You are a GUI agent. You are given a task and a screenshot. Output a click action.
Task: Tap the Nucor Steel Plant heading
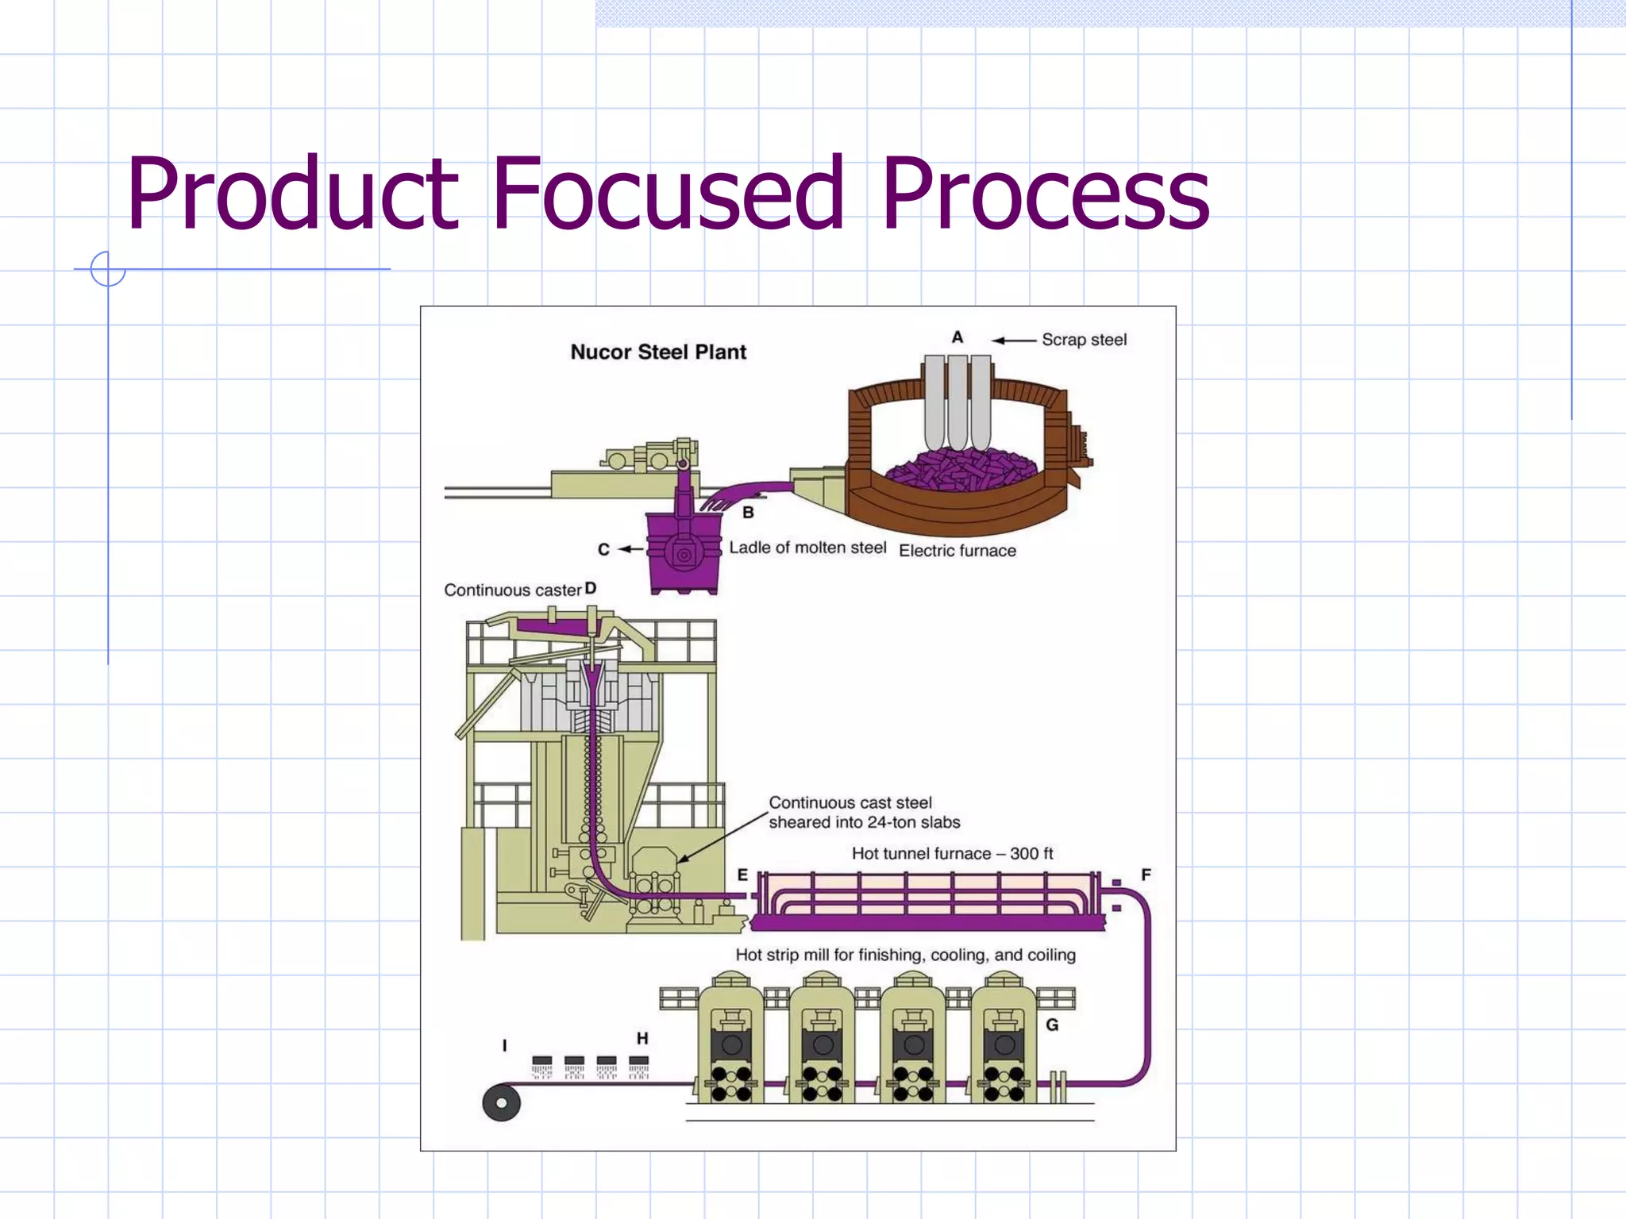(x=658, y=352)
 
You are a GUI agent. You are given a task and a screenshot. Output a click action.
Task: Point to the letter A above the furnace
(x=957, y=337)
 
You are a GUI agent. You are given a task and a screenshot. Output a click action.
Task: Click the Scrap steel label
(x=1084, y=340)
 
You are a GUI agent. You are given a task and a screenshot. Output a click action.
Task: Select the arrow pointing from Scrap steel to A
(x=1015, y=340)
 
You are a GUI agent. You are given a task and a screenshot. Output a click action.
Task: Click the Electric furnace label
(x=957, y=551)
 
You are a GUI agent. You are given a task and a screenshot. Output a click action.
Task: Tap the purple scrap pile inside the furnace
(x=960, y=469)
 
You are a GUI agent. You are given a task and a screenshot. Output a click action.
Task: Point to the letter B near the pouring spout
(x=748, y=513)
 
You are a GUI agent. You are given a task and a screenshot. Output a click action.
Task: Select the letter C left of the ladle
(x=603, y=549)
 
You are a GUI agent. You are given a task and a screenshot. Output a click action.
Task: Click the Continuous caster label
(x=513, y=590)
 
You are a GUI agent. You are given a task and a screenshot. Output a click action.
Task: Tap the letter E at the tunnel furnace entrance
(x=742, y=875)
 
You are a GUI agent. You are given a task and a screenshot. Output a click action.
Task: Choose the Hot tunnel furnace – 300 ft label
(x=952, y=854)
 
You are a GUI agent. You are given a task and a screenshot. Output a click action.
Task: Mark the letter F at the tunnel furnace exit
(x=1146, y=875)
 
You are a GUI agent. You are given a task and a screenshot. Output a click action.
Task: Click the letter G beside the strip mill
(x=1052, y=1025)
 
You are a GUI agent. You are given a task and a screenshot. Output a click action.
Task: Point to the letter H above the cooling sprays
(x=642, y=1038)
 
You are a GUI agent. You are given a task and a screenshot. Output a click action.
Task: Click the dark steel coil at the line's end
(x=502, y=1102)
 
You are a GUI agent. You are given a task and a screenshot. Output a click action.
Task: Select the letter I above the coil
(x=505, y=1046)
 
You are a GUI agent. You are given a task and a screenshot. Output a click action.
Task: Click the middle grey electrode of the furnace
(x=958, y=401)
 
